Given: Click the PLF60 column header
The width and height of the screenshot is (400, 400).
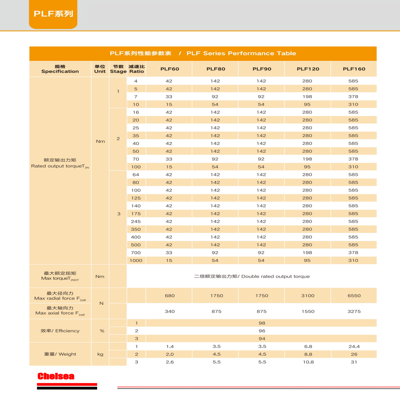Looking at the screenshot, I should (x=170, y=69).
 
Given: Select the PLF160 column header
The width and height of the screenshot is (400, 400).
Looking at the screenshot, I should (x=354, y=69).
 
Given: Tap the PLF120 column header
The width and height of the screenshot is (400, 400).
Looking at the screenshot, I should (x=308, y=69).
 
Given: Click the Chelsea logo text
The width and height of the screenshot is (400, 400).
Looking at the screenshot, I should (x=56, y=376).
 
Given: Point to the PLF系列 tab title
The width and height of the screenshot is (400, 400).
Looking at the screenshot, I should (x=53, y=14).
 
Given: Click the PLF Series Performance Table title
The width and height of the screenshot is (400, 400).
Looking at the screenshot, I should (x=203, y=53).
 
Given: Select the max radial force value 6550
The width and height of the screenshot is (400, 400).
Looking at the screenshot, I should (x=354, y=296).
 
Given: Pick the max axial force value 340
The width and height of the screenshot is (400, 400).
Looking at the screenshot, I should (x=170, y=311).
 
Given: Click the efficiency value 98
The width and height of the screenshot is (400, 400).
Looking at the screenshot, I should (x=262, y=323).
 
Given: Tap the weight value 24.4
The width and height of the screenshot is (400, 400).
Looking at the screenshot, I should (x=354, y=346).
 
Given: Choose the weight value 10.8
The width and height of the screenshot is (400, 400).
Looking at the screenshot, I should (x=308, y=362).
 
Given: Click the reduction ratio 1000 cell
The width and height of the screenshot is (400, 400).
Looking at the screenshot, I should (x=136, y=260).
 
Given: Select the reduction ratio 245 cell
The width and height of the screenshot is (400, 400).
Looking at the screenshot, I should (x=136, y=221).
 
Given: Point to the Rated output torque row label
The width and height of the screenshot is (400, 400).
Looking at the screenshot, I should (x=60, y=163).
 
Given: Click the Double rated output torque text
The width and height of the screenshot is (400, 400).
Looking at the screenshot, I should (x=252, y=276).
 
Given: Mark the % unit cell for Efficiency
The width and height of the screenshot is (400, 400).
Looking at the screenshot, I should (x=102, y=331).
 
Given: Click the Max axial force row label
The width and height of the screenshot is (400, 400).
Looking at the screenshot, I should (x=60, y=310).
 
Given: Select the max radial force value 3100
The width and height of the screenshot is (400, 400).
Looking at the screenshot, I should (x=308, y=296).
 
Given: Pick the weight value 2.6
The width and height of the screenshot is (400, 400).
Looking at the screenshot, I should (x=170, y=362).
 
